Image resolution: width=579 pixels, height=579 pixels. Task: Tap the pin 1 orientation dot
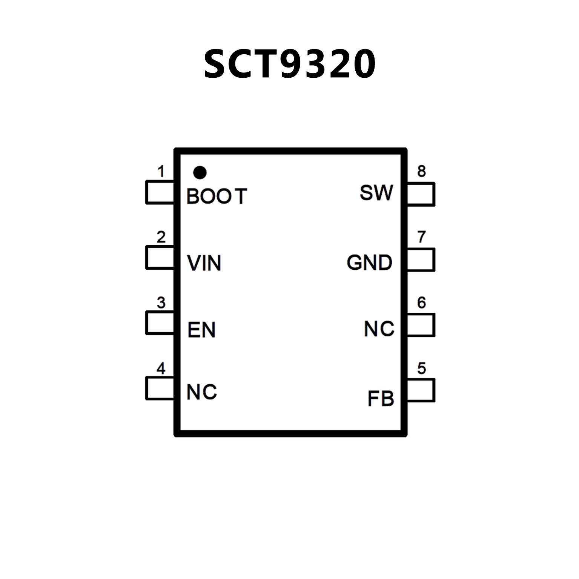(x=200, y=172)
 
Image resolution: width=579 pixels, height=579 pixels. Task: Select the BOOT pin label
(x=217, y=196)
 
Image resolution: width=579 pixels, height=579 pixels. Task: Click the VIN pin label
(x=204, y=263)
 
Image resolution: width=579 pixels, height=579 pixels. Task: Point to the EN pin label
(x=201, y=330)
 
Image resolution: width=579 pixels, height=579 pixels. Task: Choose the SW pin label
(x=376, y=193)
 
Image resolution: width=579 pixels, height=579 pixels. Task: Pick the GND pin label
(x=369, y=263)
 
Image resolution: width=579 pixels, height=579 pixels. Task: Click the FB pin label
(x=381, y=399)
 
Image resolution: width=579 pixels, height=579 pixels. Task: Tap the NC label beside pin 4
(x=202, y=392)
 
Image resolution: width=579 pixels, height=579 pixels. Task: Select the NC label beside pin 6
(x=379, y=329)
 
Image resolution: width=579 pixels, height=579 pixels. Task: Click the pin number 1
(x=161, y=172)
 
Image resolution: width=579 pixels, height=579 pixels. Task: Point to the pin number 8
(x=421, y=172)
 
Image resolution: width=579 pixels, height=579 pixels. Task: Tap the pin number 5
(x=421, y=368)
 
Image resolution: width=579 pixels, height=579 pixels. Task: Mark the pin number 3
(x=161, y=303)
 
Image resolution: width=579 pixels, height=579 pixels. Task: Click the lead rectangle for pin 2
(x=160, y=258)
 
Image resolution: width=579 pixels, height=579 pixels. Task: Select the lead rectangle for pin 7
(x=421, y=260)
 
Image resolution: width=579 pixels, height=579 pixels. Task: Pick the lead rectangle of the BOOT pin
(x=160, y=192)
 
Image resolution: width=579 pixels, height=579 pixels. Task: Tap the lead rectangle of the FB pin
(x=421, y=390)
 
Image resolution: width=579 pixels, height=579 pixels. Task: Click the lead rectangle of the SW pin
(x=421, y=194)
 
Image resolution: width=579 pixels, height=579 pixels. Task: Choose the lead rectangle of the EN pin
(x=160, y=323)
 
